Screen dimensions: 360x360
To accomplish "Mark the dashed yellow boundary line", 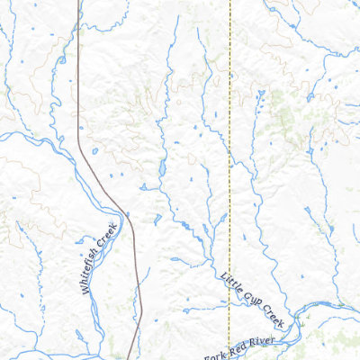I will tap(229, 135).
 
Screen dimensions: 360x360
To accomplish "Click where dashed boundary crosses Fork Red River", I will tap(229, 346).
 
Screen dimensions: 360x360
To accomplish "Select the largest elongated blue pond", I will tap(162, 169).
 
